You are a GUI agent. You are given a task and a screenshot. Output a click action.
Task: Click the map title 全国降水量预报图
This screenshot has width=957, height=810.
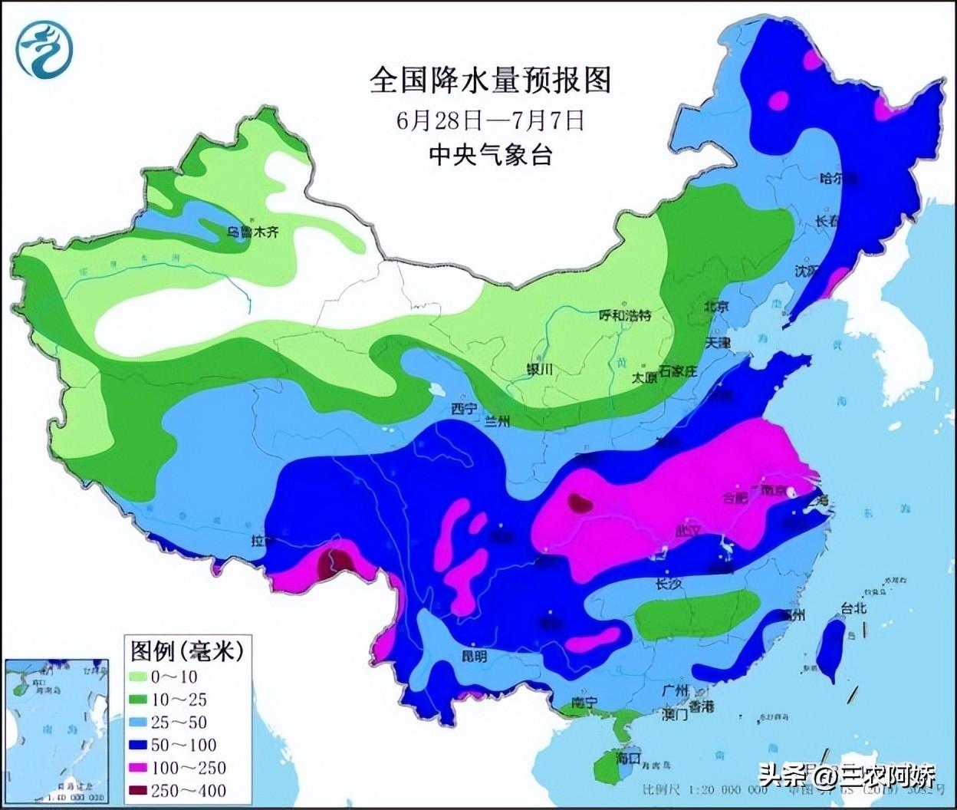[491, 80]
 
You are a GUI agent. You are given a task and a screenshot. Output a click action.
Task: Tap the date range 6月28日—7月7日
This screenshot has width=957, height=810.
[491, 120]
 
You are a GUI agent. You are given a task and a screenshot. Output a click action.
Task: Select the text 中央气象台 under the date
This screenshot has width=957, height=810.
[491, 155]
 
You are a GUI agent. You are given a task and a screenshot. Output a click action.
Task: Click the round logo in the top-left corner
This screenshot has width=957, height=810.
[45, 49]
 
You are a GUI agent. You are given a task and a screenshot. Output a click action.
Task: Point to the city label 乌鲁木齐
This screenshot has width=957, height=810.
[249, 232]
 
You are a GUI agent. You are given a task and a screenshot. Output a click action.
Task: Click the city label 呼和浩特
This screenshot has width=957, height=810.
[624, 314]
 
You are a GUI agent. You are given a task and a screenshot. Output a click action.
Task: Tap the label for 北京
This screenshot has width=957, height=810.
[717, 306]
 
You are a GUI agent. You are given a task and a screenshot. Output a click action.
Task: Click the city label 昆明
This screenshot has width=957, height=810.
[473, 657]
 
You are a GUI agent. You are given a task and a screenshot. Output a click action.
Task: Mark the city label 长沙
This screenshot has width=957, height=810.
[668, 583]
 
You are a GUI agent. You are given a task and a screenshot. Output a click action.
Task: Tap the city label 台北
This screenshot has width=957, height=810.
[853, 608]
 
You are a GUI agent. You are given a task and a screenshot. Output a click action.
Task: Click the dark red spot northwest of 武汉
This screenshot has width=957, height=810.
[580, 503]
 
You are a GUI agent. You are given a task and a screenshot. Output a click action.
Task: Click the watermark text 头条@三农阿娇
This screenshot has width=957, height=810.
[847, 778]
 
